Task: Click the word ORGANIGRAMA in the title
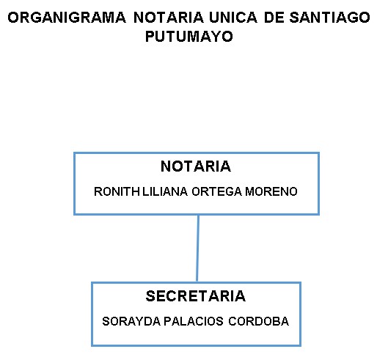tap(67, 18)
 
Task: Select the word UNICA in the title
tap(233, 18)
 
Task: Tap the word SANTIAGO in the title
tap(329, 18)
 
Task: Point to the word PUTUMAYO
tap(189, 37)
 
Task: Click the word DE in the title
tap(274, 18)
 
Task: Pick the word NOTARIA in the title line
tap(169, 18)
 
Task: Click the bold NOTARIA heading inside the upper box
tap(196, 166)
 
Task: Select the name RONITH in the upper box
tap(117, 191)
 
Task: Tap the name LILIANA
tap(165, 191)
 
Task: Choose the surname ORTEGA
tap(217, 191)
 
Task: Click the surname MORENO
tap(271, 191)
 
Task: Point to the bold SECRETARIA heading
tap(196, 296)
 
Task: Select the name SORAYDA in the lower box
tap(131, 321)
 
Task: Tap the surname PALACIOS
tap(194, 321)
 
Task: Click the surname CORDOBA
tap(259, 321)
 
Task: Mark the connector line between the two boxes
tap(197, 249)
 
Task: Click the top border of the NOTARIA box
tap(197, 153)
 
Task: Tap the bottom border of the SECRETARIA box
tap(196, 345)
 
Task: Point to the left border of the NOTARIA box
tap(75, 184)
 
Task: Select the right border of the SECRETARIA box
tap(300, 314)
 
